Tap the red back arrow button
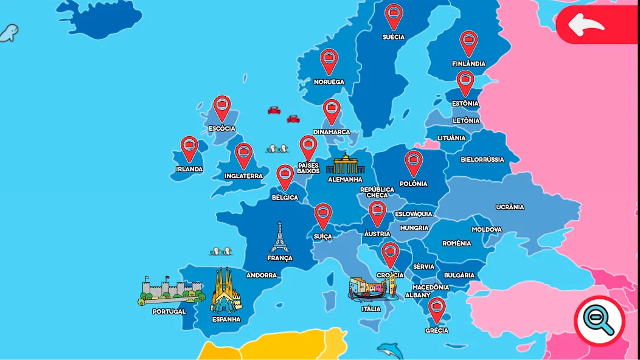coord(588,25)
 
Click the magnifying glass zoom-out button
coord(599,320)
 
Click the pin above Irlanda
coord(189,147)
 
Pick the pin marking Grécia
coord(437,308)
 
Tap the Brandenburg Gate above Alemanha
coord(345,164)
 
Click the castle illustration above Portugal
coord(170,291)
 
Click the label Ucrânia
coord(510,207)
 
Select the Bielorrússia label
coord(482,159)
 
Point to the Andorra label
coord(262,275)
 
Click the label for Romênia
coord(457,243)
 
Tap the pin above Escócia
coord(222,107)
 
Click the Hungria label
coord(414,228)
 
